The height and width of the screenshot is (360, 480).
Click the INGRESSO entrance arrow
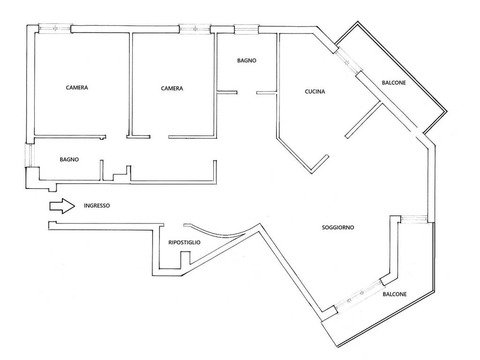click(62, 206)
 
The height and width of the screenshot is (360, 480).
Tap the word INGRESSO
click(97, 206)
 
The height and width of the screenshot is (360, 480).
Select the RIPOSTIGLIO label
click(184, 242)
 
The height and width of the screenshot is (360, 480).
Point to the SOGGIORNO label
click(338, 227)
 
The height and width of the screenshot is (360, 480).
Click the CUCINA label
click(315, 91)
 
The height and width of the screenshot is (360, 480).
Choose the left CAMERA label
click(77, 88)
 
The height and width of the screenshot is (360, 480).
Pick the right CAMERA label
click(172, 89)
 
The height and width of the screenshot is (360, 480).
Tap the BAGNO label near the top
click(247, 60)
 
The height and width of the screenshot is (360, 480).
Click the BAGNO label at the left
click(69, 159)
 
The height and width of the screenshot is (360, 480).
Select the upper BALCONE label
click(394, 82)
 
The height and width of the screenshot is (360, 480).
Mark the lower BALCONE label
click(395, 294)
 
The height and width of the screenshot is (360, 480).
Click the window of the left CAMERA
click(55, 29)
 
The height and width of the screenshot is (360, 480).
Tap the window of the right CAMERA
click(195, 29)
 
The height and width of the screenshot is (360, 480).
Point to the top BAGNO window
click(247, 30)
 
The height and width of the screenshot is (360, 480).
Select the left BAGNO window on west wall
click(30, 155)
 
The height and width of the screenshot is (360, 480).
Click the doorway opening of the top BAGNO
click(247, 92)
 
